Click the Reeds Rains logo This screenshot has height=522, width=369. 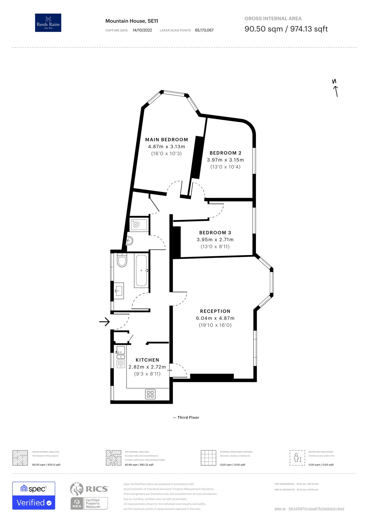pyautogui.click(x=48, y=23)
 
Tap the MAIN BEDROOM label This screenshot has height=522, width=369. pyautogui.click(x=166, y=140)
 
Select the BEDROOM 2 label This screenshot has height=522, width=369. pyautogui.click(x=225, y=153)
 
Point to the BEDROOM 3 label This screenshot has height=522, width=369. pyautogui.click(x=215, y=233)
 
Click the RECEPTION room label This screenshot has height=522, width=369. pyautogui.click(x=215, y=311)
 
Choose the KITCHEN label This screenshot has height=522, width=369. pyautogui.click(x=147, y=360)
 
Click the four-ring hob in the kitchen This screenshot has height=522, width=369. pyautogui.click(x=150, y=394)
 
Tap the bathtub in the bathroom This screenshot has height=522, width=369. pyautogui.click(x=141, y=270)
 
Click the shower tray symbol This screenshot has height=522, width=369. pyautogui.click(x=139, y=224)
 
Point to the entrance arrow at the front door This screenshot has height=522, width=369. pyautogui.click(x=104, y=322)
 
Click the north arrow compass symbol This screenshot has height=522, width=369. pyautogui.click(x=335, y=88)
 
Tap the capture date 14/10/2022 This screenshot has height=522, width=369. pyautogui.click(x=142, y=30)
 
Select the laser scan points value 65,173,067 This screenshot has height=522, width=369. pyautogui.click(x=204, y=30)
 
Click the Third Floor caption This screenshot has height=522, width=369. pyautogui.click(x=186, y=417)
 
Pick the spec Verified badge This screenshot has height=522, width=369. pyautogui.click(x=34, y=495)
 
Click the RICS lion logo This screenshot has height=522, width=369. pyautogui.click(x=77, y=489)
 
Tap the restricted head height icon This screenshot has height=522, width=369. pyautogui.click(x=297, y=458)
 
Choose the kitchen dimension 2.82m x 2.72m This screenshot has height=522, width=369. pyautogui.click(x=147, y=367)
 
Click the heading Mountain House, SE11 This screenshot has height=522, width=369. pyautogui.click(x=132, y=21)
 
